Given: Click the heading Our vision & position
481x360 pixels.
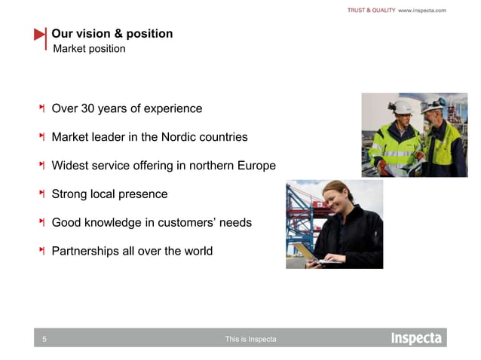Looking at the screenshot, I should coord(112,34).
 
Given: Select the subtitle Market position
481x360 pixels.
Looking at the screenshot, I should coord(89,49).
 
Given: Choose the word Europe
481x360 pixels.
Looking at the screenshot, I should coord(256,166).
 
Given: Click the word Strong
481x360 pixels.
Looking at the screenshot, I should coord(69,194).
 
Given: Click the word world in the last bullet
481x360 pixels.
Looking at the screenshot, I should coord(197,251).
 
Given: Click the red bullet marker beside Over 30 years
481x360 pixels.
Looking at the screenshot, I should coord(42,108).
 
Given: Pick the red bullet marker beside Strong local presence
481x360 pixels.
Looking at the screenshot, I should coord(42,194).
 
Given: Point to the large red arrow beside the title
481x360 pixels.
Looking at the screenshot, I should coord(40,35).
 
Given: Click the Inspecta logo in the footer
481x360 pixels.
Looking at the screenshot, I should coord(415,338).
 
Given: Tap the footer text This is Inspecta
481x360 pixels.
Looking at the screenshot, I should coord(250,340).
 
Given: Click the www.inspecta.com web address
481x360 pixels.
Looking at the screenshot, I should coord(422,10).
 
